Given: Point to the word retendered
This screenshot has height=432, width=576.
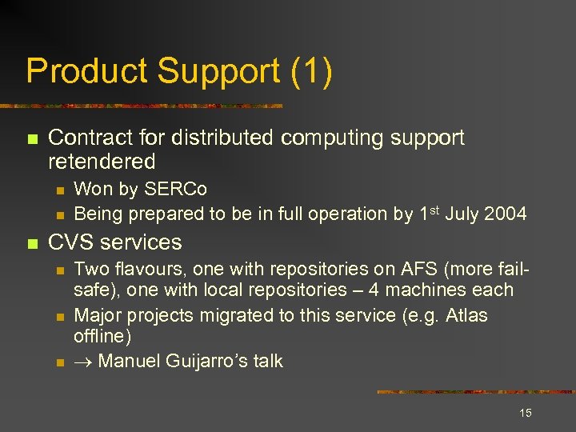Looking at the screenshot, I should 102,161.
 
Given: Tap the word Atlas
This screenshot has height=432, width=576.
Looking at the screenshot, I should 464,315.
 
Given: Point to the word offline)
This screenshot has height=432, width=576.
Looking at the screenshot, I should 102,337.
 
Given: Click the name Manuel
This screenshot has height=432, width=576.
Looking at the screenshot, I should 130,362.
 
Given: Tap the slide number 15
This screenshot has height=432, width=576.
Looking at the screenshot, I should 526,413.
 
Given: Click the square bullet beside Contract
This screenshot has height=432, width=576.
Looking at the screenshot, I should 31,139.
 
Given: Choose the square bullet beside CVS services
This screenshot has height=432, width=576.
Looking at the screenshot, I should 31,243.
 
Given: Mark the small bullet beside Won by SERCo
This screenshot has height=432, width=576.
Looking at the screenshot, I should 58,190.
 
